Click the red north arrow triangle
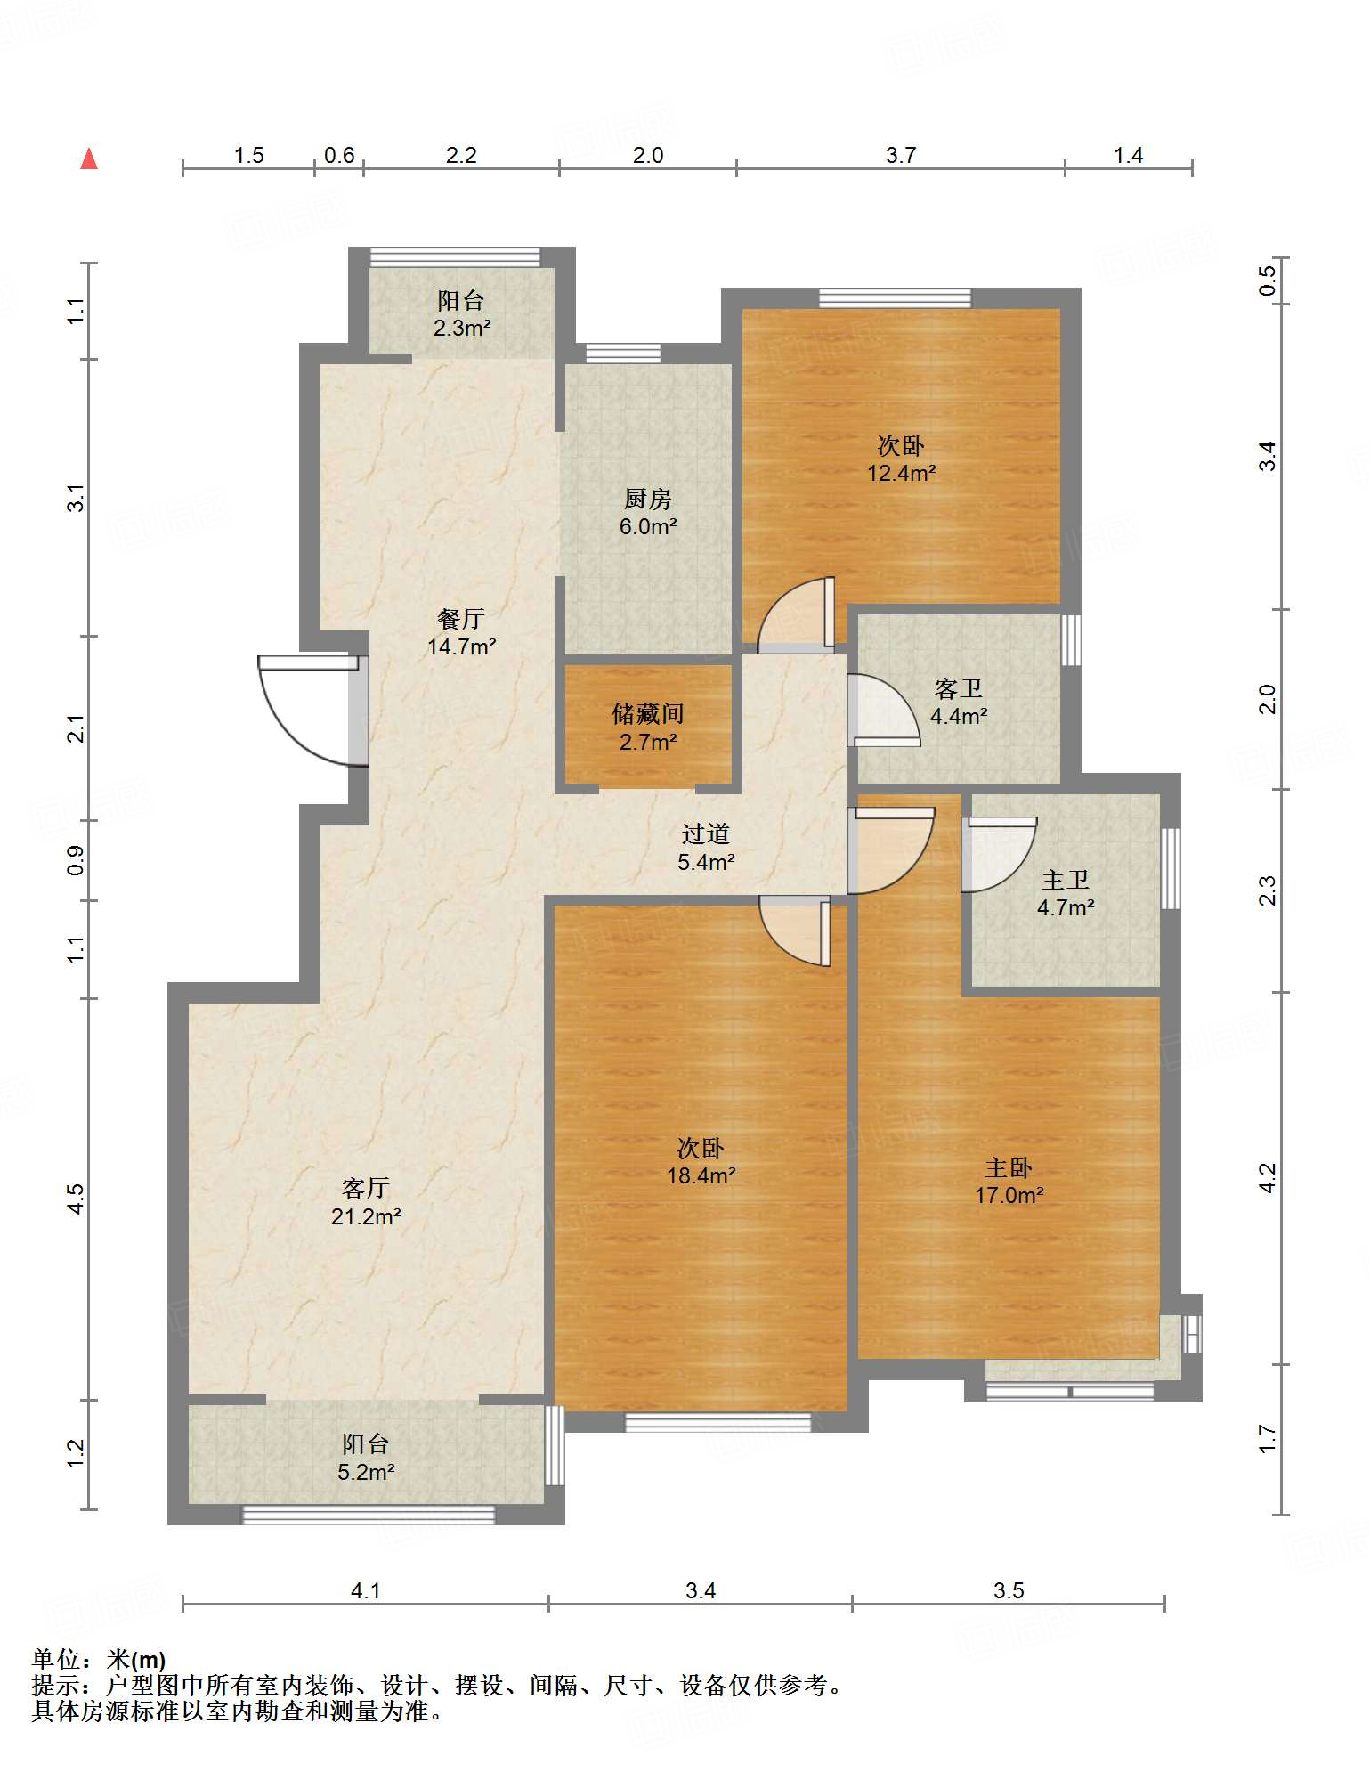(89, 159)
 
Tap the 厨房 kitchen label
(647, 499)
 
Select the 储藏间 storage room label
(648, 713)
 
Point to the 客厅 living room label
(366, 1188)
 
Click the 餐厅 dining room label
(461, 618)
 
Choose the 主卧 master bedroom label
(1009, 1167)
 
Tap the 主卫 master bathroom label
(1066, 880)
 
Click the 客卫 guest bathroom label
(959, 688)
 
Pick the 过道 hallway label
(706, 833)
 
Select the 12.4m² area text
(902, 473)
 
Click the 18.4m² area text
(701, 1175)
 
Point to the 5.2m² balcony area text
(366, 1472)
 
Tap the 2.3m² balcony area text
(462, 328)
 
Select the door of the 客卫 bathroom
(883, 710)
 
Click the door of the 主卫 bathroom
(999, 854)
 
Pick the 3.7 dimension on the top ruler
(901, 156)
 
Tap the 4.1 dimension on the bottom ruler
(366, 1590)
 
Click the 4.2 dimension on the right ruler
(1268, 1177)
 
